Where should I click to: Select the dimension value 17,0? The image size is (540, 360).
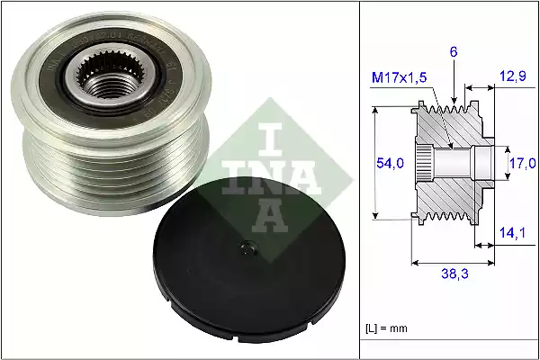click(x=524, y=163)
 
